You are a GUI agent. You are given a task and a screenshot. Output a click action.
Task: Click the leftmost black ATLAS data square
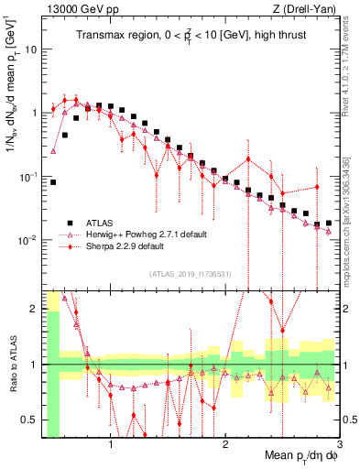click(x=53, y=182)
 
